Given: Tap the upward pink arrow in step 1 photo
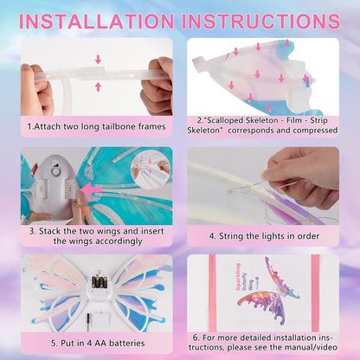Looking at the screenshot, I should [97, 87].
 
